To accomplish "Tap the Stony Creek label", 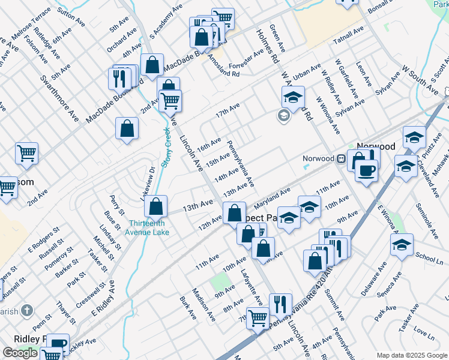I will point(166,148).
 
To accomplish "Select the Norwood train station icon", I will point(340,158).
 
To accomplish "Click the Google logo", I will point(20,353).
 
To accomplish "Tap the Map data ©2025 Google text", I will point(412,355).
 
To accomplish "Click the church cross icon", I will point(26,310).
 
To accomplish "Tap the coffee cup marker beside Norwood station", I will point(366,170).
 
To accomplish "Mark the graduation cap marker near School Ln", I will point(402,244).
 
